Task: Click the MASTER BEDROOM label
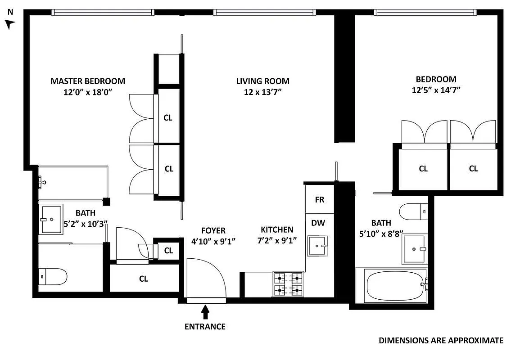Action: click(x=87, y=81)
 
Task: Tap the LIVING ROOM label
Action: click(x=262, y=81)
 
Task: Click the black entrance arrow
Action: click(x=205, y=312)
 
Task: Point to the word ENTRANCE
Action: click(x=205, y=327)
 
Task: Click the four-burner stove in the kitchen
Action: click(x=288, y=284)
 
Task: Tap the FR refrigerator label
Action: click(x=319, y=200)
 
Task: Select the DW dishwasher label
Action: click(x=318, y=222)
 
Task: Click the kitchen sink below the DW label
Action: click(x=319, y=246)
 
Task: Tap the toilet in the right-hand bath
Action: click(x=413, y=211)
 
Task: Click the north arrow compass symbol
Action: click(x=10, y=23)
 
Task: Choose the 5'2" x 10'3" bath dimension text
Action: click(x=86, y=222)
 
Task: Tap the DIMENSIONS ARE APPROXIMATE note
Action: click(x=441, y=341)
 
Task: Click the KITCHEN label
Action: click(x=277, y=229)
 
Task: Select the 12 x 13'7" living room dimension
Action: click(x=262, y=91)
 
